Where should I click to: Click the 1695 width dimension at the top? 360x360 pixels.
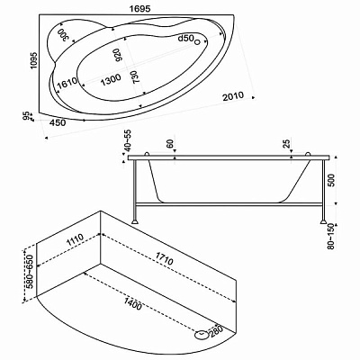(x=139, y=9)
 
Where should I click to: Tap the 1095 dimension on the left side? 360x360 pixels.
(x=33, y=60)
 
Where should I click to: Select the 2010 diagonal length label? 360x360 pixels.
(x=233, y=96)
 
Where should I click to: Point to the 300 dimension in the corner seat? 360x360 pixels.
(x=64, y=35)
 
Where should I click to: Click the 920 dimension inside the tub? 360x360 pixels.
(x=118, y=55)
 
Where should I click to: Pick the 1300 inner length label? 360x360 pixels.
(x=111, y=79)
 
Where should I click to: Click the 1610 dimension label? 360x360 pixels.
(x=67, y=83)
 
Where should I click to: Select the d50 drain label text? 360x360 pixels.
(x=185, y=39)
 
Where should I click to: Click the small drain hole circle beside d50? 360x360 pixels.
(x=197, y=42)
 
